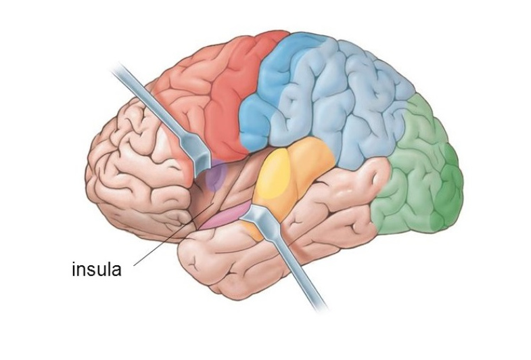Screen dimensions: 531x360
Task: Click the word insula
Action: [x=97, y=269]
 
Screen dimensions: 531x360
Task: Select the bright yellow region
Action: [x=273, y=173]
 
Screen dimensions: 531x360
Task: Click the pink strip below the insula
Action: [x=223, y=217]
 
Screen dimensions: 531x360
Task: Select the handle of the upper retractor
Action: [x=149, y=102]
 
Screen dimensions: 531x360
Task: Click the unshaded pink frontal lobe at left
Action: [x=135, y=169]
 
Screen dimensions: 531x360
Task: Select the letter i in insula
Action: [x=74, y=269]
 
